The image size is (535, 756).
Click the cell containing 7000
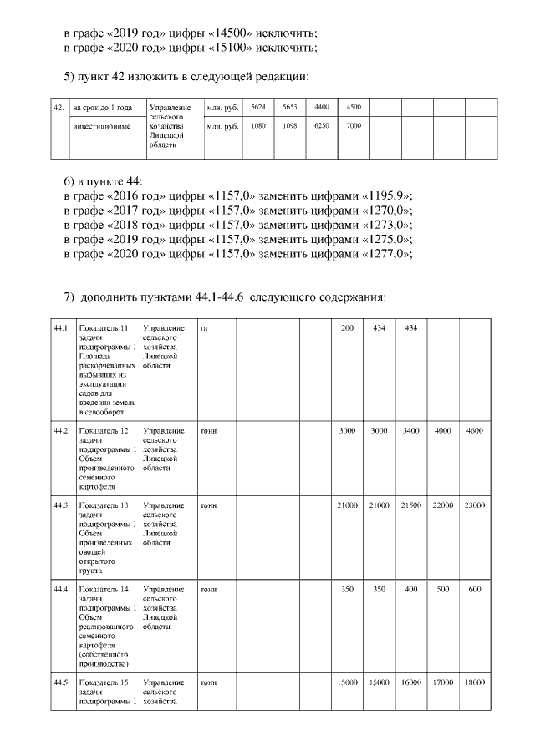pos(354,125)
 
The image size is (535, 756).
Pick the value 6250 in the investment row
pos(322,125)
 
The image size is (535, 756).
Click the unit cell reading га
pos(204,329)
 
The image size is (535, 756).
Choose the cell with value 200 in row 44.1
pos(347,329)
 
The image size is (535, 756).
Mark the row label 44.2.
pos(61,430)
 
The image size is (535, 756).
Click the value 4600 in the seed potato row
pos(475,430)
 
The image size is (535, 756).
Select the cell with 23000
pos(475,505)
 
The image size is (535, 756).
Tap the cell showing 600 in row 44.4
pos(475,590)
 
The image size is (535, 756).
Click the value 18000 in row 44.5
pos(475,682)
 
